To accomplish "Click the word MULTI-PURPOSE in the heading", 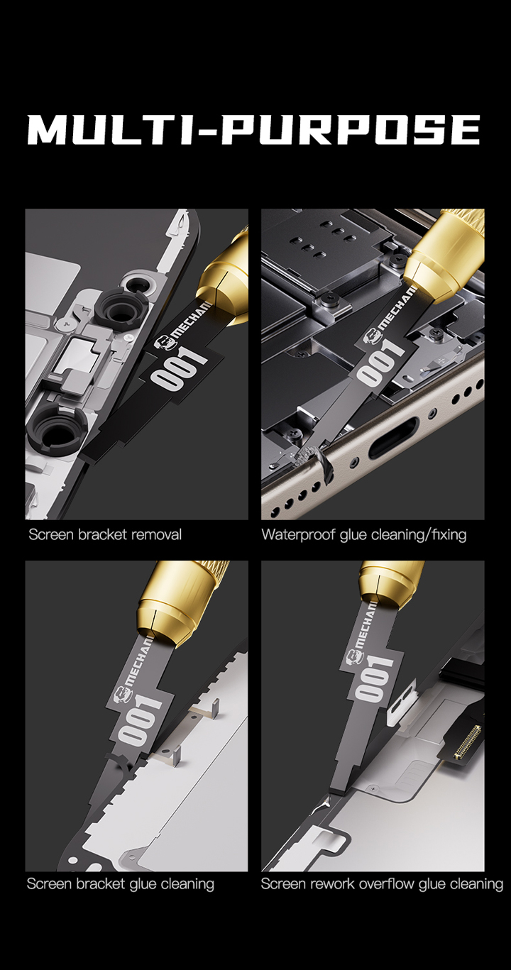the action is (253, 129).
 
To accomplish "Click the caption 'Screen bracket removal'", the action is (105, 534).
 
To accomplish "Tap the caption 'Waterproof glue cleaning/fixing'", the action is (364, 534).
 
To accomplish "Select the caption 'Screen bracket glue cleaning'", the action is (121, 884).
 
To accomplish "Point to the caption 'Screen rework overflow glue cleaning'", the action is (382, 884).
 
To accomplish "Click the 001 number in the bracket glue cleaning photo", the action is (139, 720).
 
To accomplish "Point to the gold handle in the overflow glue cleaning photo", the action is (391, 585).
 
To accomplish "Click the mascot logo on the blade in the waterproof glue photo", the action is (372, 337).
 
